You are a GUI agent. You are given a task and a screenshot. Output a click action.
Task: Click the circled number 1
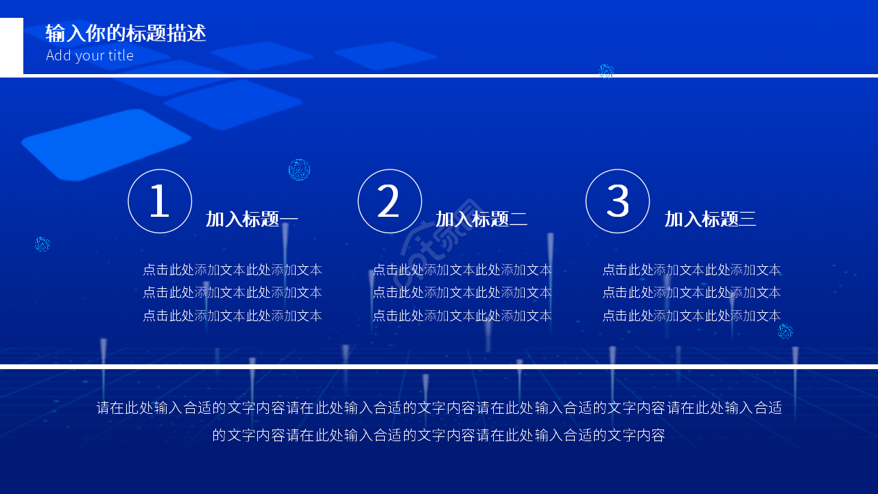point(160,202)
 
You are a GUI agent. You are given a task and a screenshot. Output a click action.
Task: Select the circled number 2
point(390,202)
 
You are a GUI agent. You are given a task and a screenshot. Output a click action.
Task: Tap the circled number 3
point(617,202)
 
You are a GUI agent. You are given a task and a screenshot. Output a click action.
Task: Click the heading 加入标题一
point(252,220)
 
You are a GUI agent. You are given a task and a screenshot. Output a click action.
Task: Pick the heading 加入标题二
point(482,220)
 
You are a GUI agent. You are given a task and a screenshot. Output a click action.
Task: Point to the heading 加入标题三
point(710,220)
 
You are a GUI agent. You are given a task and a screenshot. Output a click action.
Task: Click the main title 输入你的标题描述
point(126,33)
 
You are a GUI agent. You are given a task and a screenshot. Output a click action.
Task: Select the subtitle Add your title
point(90,56)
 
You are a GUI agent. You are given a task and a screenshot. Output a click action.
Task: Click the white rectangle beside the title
point(12,47)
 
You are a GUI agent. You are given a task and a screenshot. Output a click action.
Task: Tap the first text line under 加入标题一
point(233,270)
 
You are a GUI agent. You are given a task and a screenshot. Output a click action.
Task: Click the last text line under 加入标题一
point(233,316)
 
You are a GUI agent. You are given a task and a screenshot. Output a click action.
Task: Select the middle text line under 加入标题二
point(462,293)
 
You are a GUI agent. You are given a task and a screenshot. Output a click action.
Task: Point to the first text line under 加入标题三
point(691,270)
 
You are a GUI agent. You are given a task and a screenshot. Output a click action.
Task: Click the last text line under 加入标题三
point(691,316)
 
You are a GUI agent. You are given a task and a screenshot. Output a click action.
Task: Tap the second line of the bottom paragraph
point(439,435)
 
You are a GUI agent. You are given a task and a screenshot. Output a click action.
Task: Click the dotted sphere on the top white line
point(606,71)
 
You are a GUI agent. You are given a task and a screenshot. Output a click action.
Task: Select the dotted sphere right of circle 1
point(299,169)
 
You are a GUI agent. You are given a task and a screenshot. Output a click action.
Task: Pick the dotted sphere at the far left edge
point(43,244)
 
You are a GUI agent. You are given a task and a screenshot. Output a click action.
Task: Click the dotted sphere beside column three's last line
point(785,332)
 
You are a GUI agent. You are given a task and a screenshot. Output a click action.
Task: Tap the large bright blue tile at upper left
point(106,145)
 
